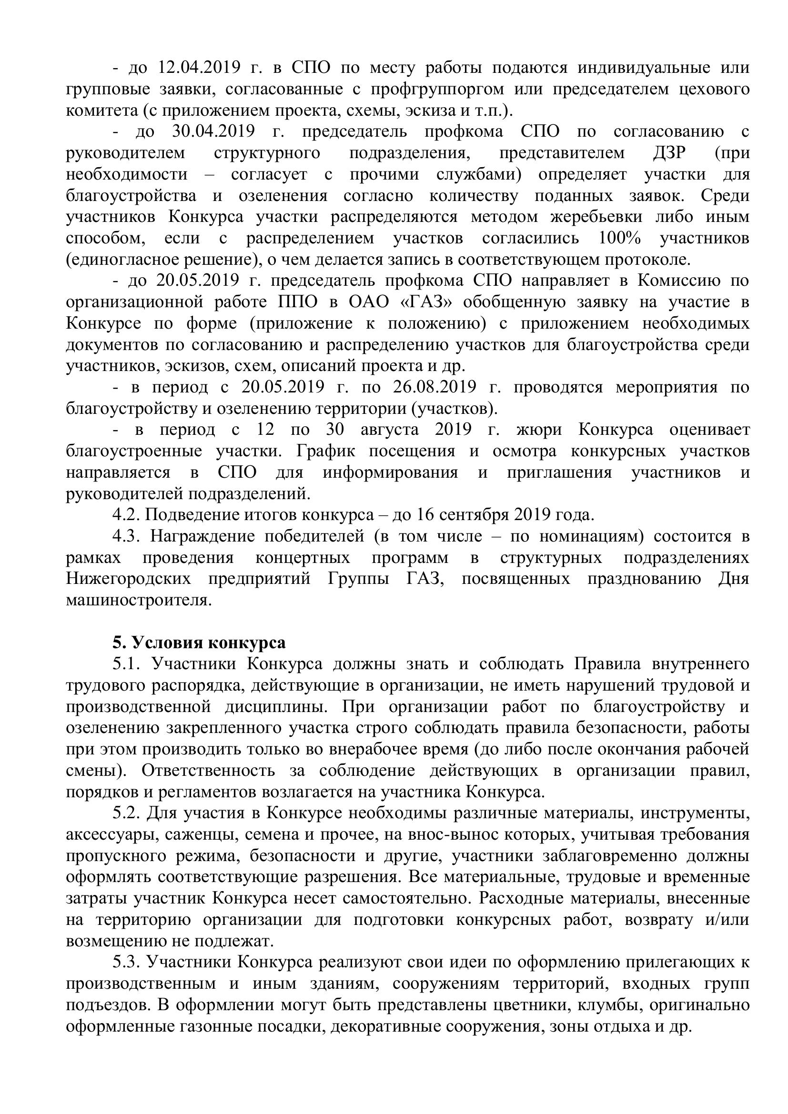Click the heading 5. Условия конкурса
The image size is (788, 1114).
(200, 643)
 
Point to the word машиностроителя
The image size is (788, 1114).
(139, 601)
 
